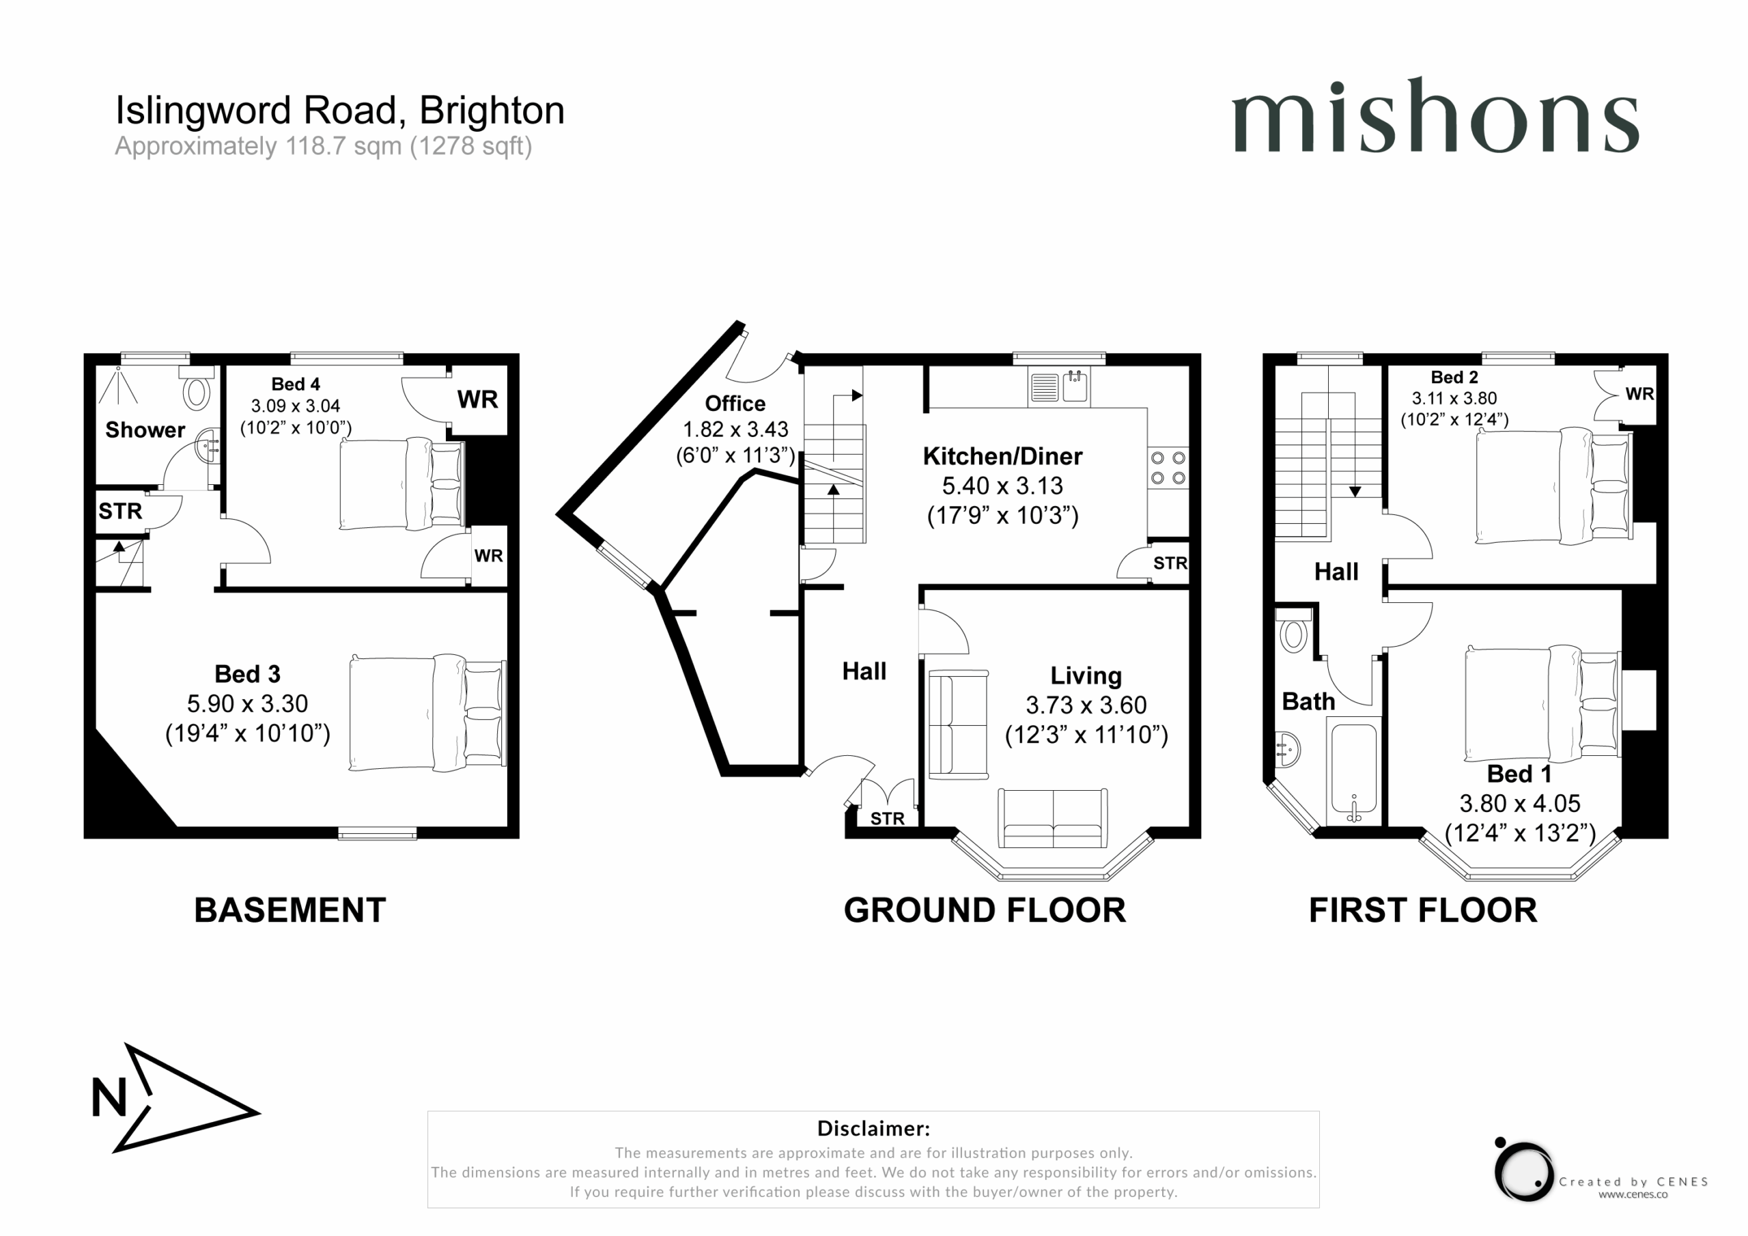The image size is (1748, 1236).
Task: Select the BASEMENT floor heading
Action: click(290, 910)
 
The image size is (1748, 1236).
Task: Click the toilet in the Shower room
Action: click(196, 389)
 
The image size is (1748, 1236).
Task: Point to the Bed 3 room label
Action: click(247, 674)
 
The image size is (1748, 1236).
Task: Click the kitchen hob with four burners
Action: click(1168, 468)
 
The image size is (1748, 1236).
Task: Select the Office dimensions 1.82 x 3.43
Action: click(735, 430)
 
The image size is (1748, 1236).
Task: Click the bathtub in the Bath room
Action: click(1353, 773)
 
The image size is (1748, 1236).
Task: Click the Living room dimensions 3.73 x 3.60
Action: click(1086, 705)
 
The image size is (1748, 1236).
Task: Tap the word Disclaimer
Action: click(873, 1128)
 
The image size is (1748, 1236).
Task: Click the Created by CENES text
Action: click(1633, 1182)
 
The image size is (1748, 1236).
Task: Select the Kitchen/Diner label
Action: click(1002, 456)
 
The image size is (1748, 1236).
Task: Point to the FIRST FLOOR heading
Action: click(1423, 910)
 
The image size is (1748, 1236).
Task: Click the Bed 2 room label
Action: click(1454, 377)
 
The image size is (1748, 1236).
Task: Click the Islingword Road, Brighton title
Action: click(339, 111)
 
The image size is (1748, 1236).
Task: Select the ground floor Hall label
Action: click(864, 671)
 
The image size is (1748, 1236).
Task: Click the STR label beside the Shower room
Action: click(120, 511)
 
